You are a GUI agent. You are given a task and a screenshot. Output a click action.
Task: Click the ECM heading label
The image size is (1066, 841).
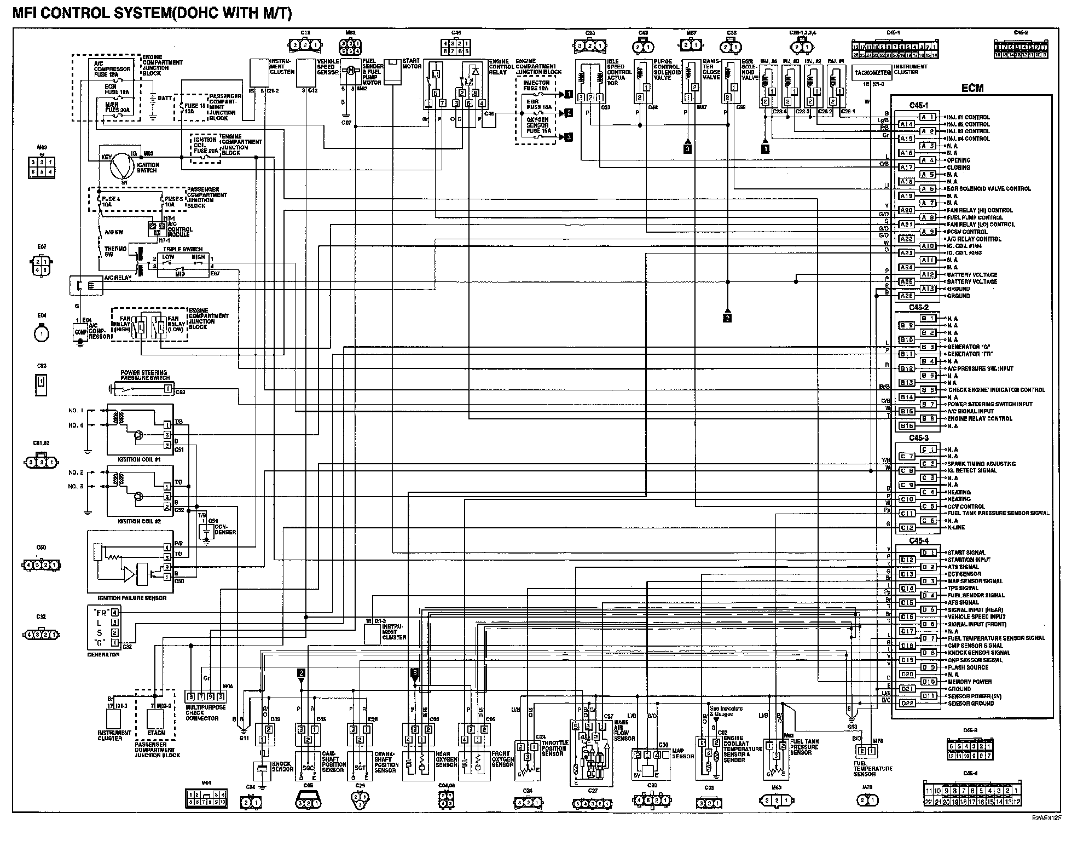click(972, 88)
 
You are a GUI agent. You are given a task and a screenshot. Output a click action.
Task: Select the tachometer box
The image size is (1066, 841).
click(872, 73)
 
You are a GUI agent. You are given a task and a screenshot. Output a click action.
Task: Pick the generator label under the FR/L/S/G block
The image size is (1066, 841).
click(103, 654)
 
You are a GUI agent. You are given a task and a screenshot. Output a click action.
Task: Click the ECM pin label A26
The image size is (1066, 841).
click(907, 296)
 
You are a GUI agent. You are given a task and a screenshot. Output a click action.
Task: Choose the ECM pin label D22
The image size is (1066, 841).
click(907, 703)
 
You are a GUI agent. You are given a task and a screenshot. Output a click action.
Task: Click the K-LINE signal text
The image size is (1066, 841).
click(956, 527)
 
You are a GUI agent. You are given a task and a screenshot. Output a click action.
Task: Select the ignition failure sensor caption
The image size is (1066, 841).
click(131, 598)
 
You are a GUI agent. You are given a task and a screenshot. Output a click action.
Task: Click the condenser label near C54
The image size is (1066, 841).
click(225, 529)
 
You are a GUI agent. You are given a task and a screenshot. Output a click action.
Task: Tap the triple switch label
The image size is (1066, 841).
click(182, 249)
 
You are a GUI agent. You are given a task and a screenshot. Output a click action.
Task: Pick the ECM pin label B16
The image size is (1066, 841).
click(907, 426)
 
